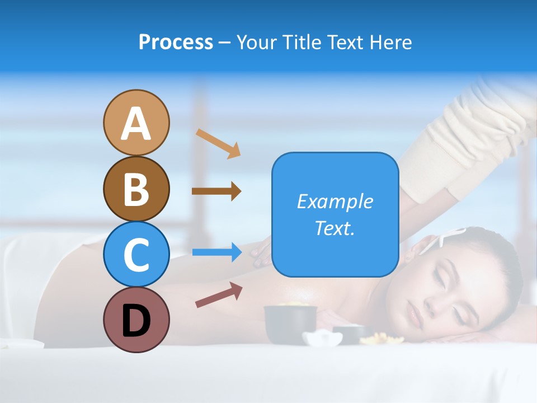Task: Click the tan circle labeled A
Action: (x=136, y=123)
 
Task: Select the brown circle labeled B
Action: (x=136, y=189)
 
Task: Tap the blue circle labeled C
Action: (x=136, y=254)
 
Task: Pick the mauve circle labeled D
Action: (x=136, y=320)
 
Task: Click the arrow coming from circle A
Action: (x=218, y=143)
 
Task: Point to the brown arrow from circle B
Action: (x=216, y=191)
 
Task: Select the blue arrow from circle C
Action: (x=217, y=252)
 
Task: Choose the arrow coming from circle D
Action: (x=219, y=294)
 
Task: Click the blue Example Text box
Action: (x=335, y=215)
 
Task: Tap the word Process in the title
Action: (x=176, y=42)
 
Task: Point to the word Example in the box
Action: (x=335, y=201)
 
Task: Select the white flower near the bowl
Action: (x=323, y=338)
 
